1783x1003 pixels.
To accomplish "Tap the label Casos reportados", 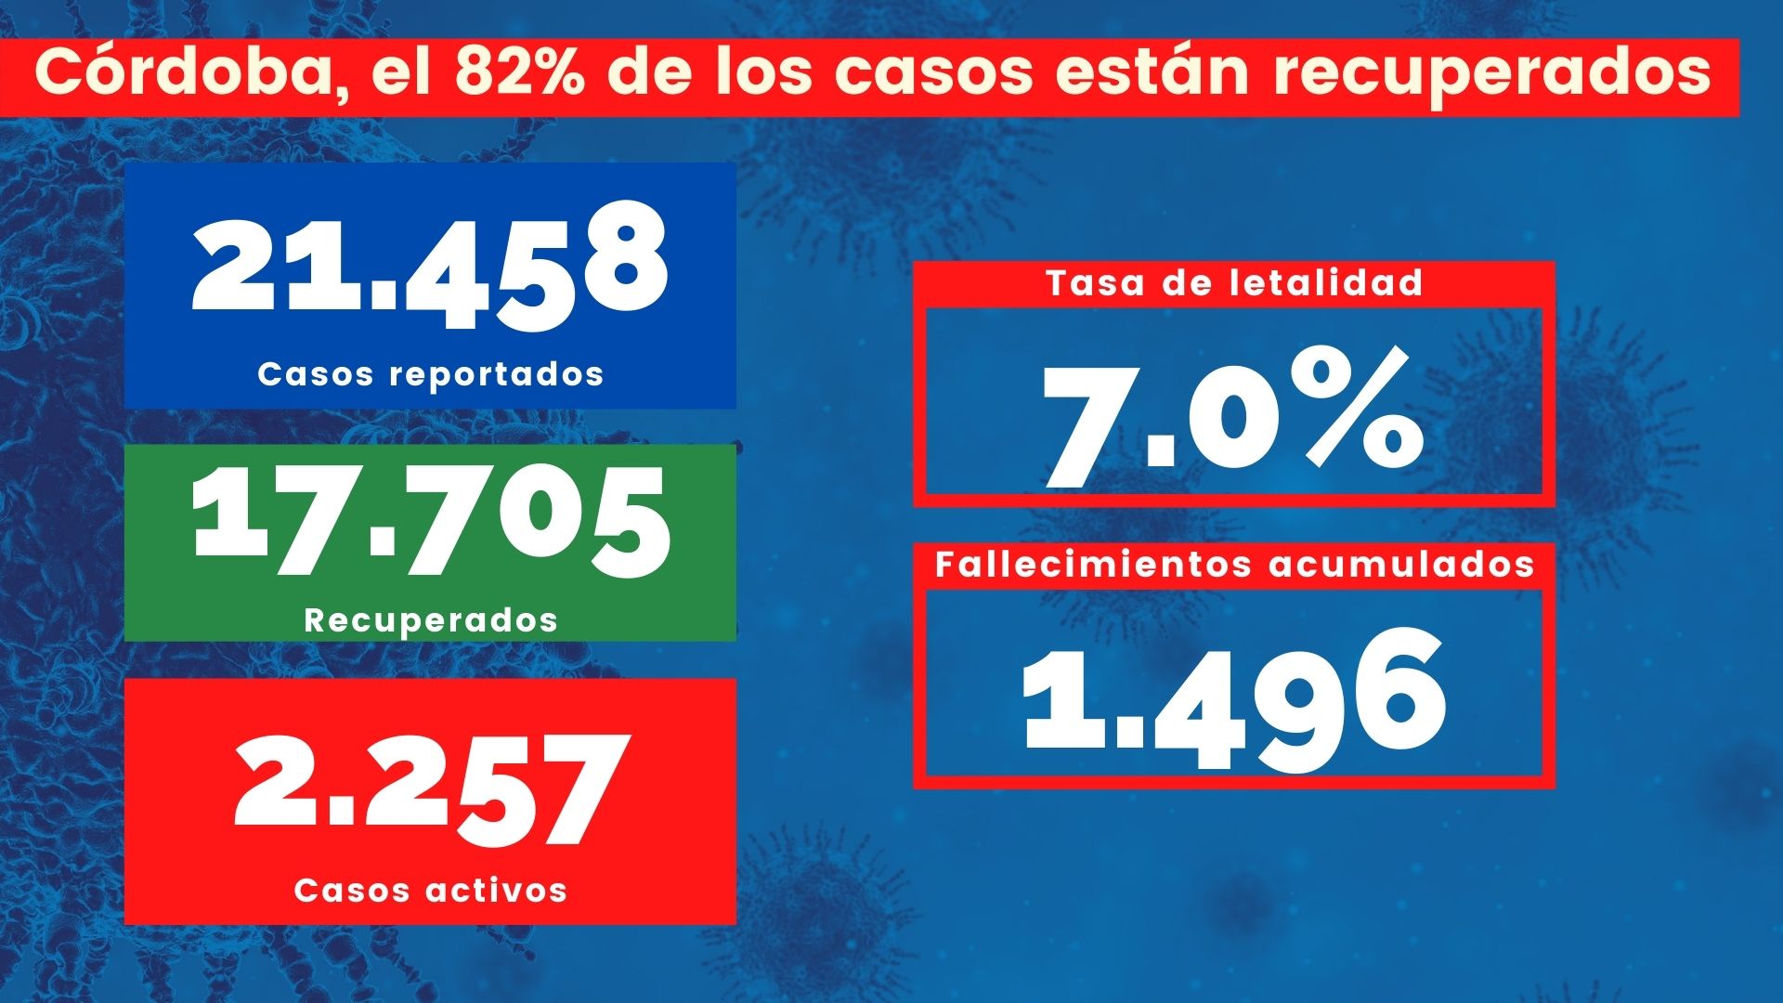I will click(x=431, y=374).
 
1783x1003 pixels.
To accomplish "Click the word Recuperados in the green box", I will click(x=431, y=620).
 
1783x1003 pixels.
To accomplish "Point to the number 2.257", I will click(x=429, y=790).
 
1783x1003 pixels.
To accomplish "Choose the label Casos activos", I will click(x=431, y=890).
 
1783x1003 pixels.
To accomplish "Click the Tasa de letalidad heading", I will click(x=1234, y=282).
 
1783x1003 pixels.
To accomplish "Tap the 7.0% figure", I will click(x=1231, y=419).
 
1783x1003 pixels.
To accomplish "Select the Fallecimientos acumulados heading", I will click(x=1234, y=565).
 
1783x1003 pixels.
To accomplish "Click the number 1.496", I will click(x=1234, y=699).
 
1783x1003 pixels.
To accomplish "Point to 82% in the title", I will click(x=519, y=72).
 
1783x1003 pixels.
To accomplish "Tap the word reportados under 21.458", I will click(x=497, y=375).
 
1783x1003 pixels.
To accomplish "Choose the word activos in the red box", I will click(x=496, y=890).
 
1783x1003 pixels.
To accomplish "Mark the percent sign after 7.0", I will click(x=1362, y=410).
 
